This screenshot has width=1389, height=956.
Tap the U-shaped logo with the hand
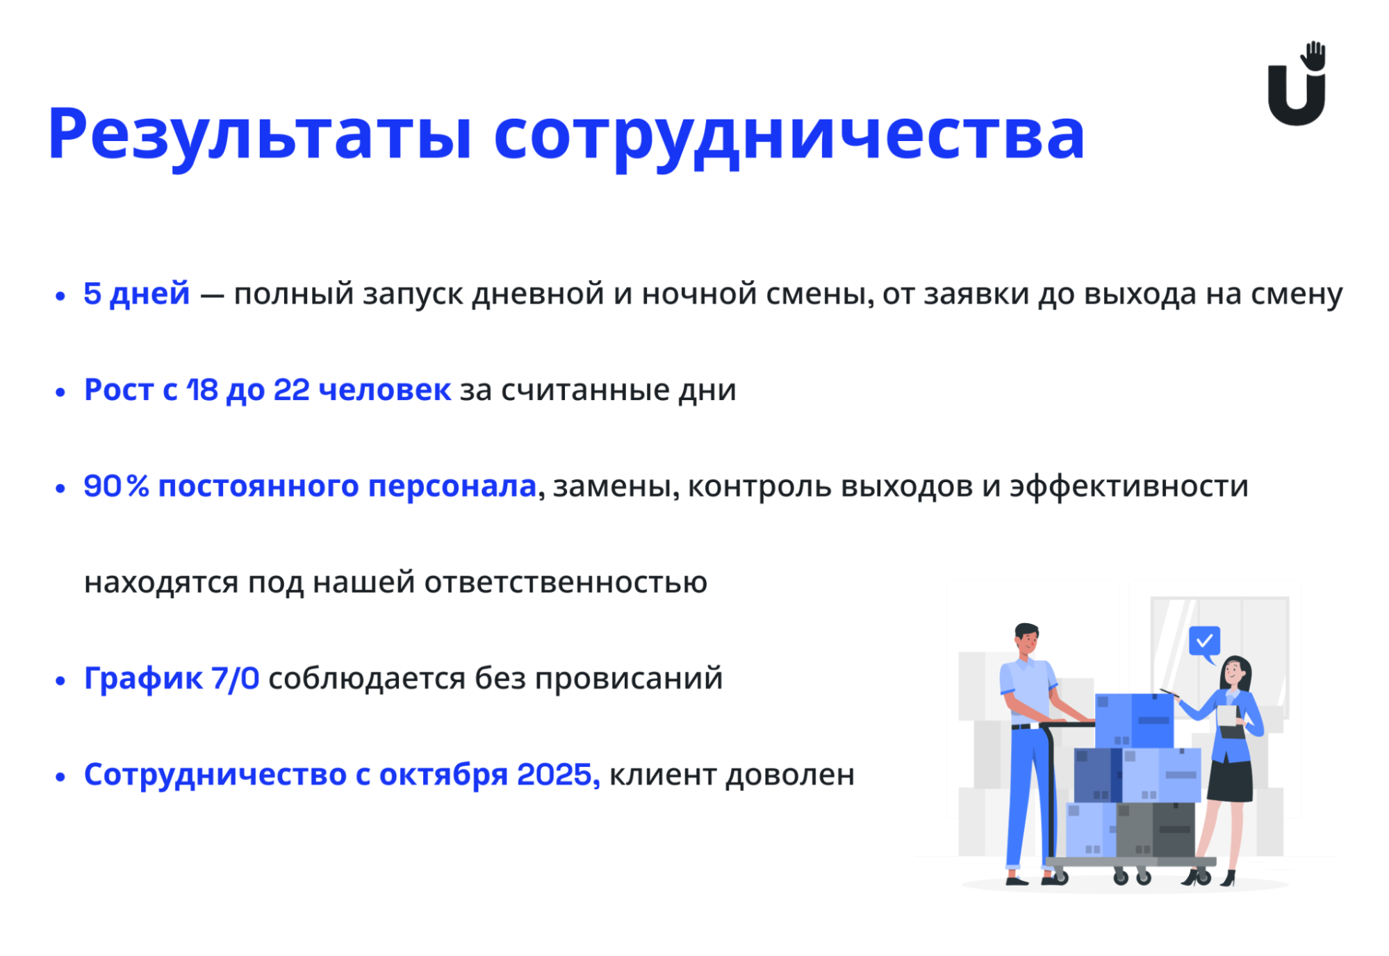tap(1297, 83)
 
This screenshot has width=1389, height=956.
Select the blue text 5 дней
tap(136, 294)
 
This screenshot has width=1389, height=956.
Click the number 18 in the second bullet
tap(202, 390)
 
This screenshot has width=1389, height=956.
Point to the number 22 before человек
tap(292, 390)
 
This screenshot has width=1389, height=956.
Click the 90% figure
tap(116, 486)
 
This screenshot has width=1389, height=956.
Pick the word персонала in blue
tap(452, 487)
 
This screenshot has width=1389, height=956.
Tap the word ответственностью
tap(566, 582)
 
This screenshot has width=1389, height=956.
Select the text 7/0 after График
tap(236, 678)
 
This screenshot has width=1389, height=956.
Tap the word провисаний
tap(628, 679)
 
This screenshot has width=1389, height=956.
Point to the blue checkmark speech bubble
tap(1204, 643)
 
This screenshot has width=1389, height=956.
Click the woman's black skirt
tap(1230, 781)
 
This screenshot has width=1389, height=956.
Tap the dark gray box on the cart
tap(1156, 830)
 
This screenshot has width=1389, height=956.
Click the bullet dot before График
tap(60, 680)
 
